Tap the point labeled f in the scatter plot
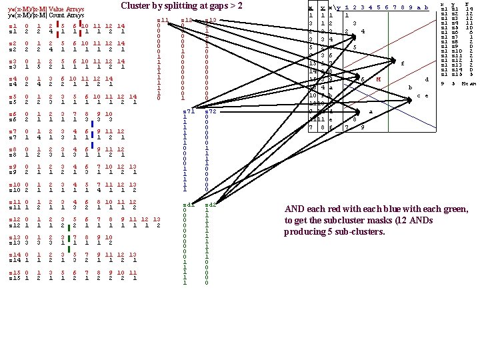click(x=403, y=63)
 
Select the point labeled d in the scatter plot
click(x=426, y=80)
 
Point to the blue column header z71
click(x=189, y=111)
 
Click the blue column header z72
click(x=211, y=111)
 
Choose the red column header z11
click(x=162, y=20)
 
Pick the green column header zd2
click(x=211, y=205)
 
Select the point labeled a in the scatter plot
click(x=371, y=111)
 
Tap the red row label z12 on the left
click(x=15, y=219)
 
